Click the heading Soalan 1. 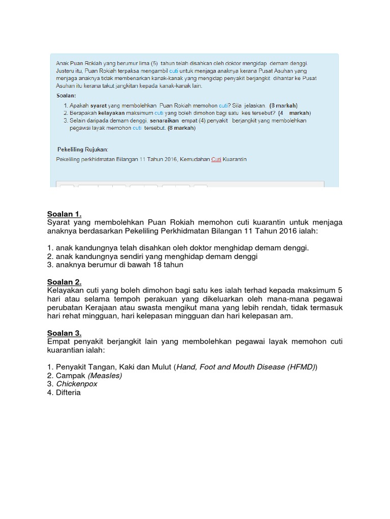pos(64,213)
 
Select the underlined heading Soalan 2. pos(64,282)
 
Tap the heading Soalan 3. pos(64,333)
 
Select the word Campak pos(71,376)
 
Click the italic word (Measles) pos(105,376)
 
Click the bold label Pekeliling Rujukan pos(83,149)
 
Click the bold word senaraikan pos(165,121)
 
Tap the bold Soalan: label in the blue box pos(66,95)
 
